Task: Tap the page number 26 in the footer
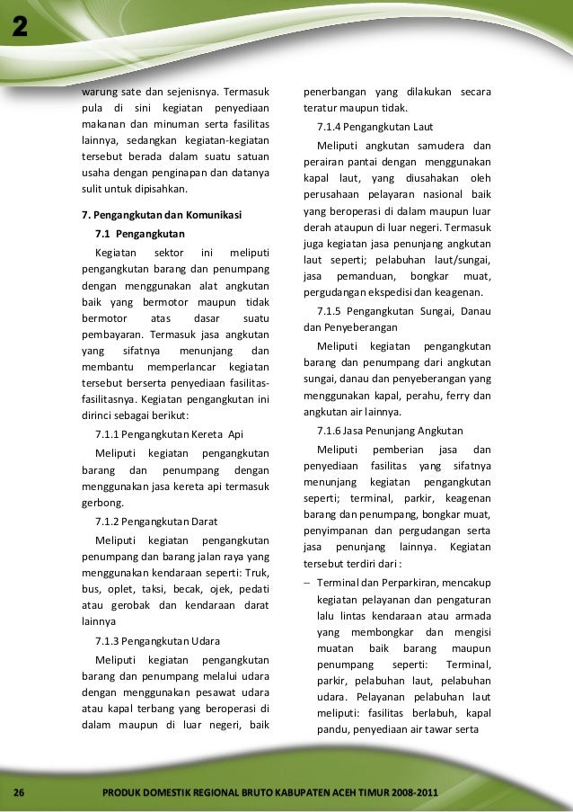[17, 791]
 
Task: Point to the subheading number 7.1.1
[108, 433]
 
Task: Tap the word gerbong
[101, 503]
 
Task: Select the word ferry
[458, 397]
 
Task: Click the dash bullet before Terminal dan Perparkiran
[307, 584]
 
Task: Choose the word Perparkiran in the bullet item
[401, 584]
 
